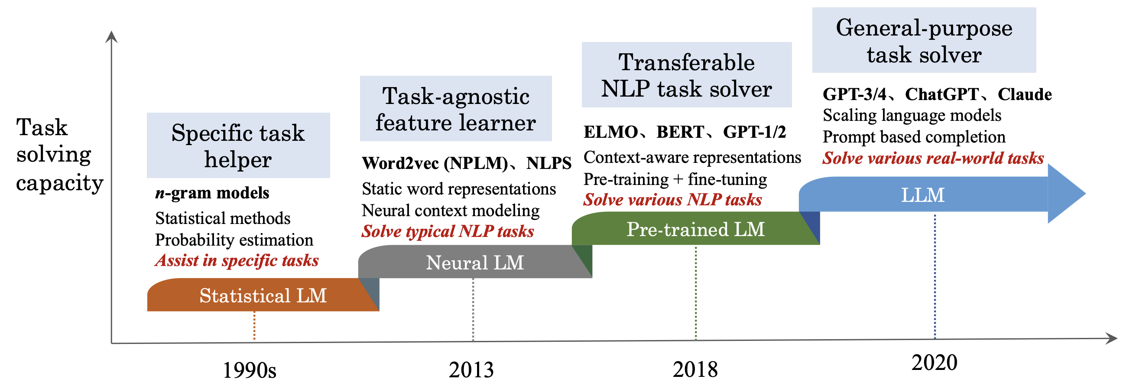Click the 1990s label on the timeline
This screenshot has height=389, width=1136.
[x=249, y=370]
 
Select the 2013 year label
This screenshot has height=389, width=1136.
[x=471, y=370]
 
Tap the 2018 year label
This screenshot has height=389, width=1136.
[x=695, y=370]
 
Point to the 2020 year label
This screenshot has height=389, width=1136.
[x=934, y=363]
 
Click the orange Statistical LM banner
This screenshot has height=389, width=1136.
[x=263, y=295]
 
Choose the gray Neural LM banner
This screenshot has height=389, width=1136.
[x=474, y=263]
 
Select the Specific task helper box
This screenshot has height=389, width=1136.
[x=238, y=146]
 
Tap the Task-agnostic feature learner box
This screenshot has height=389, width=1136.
[x=455, y=109]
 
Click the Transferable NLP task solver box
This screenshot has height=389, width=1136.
[x=686, y=75]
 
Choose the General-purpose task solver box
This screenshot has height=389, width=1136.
[x=923, y=41]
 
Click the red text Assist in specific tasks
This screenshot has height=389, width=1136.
[x=237, y=261]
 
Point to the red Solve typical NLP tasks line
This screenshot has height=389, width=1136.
[x=448, y=232]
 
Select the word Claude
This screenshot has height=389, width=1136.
[x=1024, y=94]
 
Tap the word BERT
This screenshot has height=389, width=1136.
[x=680, y=132]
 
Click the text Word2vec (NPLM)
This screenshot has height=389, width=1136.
[x=435, y=163]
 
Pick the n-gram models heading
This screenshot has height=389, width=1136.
[x=212, y=193]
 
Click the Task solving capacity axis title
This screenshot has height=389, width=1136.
[x=58, y=154]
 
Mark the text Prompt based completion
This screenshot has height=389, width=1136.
[x=914, y=137]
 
